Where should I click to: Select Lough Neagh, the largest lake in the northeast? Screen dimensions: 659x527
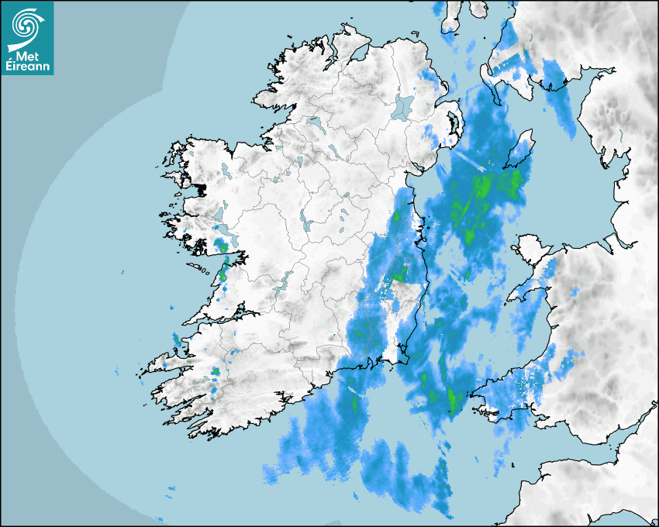coord(403,106)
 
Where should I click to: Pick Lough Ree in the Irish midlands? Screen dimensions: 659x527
coord(307,223)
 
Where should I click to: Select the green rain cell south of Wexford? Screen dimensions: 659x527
coord(451,399)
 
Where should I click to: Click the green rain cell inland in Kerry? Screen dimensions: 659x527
coord(214,373)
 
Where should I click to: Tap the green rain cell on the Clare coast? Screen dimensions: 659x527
coord(223,274)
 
